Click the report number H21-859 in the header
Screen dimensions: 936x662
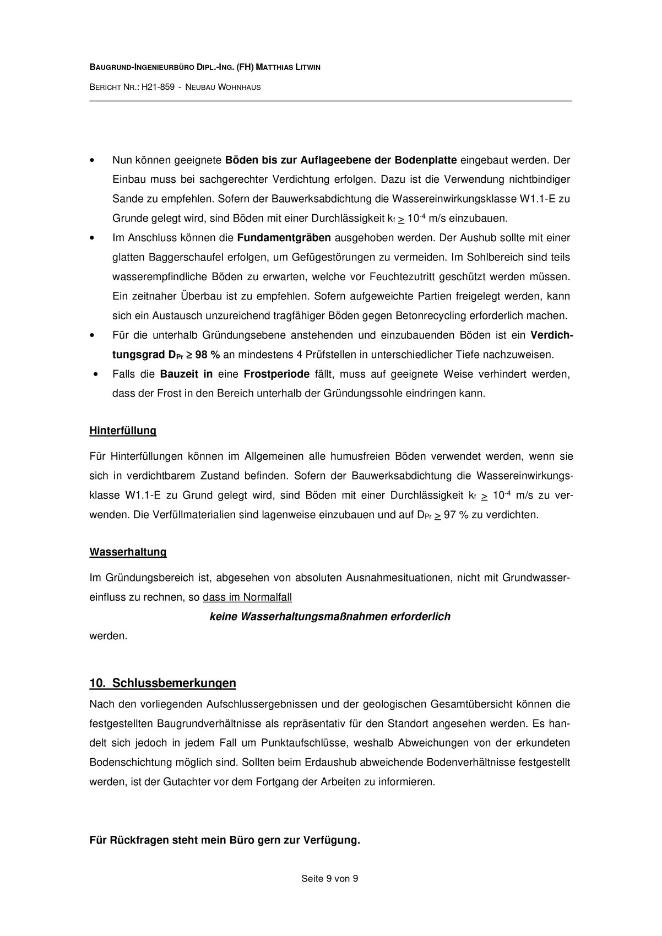158,87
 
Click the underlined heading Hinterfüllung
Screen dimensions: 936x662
123,431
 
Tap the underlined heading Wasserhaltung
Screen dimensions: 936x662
128,552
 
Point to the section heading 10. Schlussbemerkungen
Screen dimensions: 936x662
162,683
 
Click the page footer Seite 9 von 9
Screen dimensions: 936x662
330,879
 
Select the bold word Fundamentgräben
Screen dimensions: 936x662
284,238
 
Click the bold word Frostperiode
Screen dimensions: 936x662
276,374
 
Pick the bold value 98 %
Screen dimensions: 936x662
208,355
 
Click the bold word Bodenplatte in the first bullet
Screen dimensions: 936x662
426,160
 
